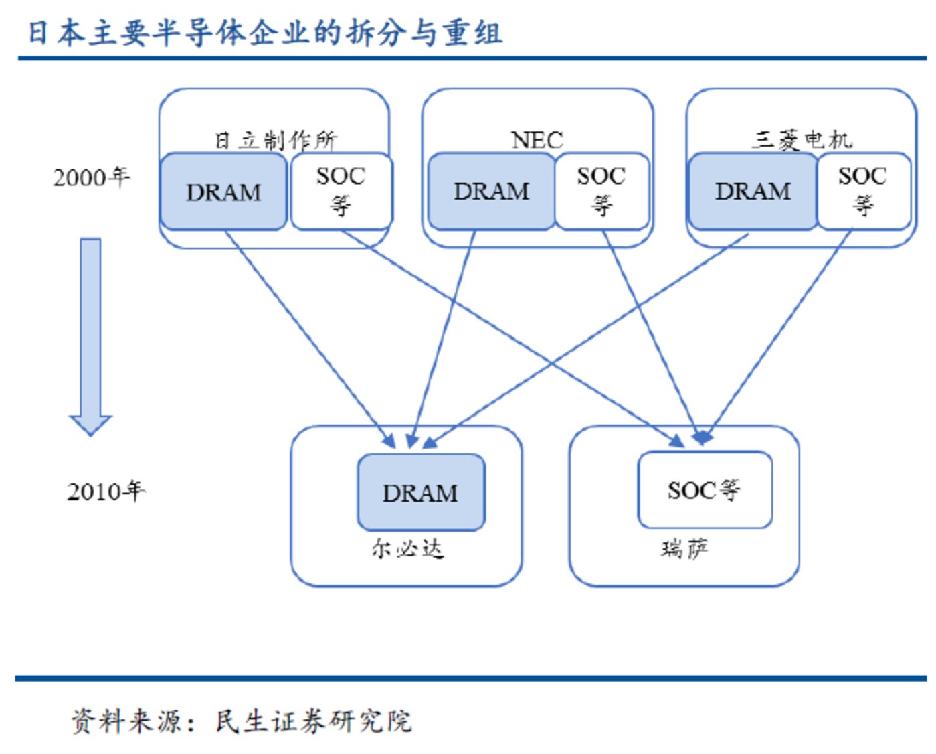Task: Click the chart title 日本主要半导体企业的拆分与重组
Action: point(265,33)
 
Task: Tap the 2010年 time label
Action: point(106,492)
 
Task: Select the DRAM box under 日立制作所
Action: point(223,192)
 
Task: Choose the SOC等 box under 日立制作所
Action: point(341,191)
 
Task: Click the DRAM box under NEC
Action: point(491,192)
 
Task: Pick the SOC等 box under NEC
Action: point(601,191)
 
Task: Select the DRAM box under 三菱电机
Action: point(753,192)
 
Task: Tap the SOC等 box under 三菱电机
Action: point(863,191)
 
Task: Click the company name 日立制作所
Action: point(276,140)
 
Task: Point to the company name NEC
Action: point(537,140)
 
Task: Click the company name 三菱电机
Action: point(802,139)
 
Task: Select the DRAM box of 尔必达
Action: point(421,493)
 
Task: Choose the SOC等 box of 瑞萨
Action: point(705,490)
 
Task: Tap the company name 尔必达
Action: point(407,549)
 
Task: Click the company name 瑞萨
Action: point(684,549)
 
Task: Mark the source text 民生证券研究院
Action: point(313,721)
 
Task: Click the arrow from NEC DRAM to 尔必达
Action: point(445,335)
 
